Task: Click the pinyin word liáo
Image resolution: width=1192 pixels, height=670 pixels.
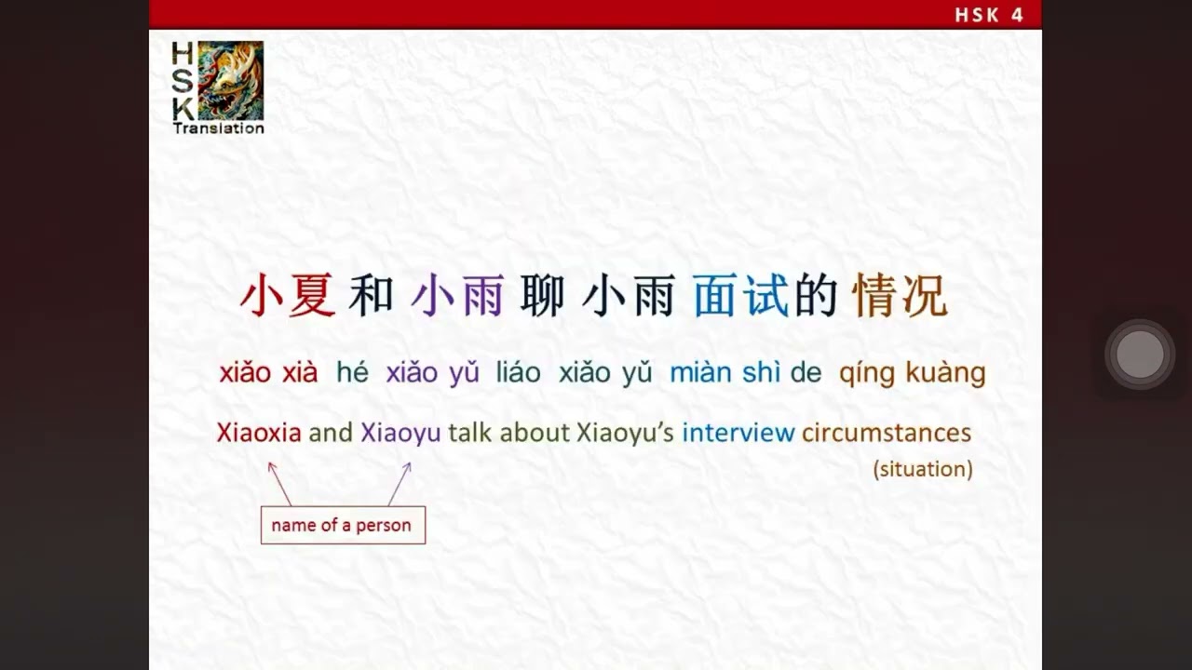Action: pos(518,373)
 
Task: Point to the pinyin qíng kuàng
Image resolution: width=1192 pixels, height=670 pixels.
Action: pos(912,373)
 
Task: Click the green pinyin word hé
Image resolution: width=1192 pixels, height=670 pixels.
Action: pos(352,373)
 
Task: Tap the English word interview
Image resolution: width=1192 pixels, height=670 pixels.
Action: pos(738,433)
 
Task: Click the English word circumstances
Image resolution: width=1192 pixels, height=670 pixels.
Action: pos(886,433)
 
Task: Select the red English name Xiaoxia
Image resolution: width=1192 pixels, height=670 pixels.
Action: pos(259,433)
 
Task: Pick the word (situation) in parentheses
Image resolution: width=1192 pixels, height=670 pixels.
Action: pos(922,469)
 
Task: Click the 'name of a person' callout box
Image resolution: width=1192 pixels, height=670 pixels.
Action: pos(342,525)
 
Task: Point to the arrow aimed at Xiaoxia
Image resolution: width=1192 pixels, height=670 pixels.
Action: pos(278,482)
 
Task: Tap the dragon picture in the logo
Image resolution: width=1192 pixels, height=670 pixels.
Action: pos(230,80)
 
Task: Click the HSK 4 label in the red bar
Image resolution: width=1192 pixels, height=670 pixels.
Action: pos(989,15)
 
